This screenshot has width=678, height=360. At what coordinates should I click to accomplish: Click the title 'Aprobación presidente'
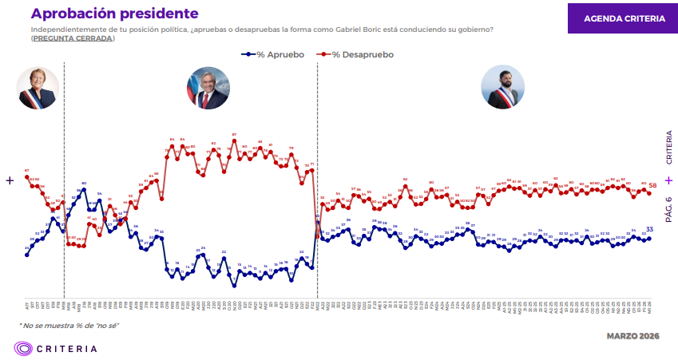(115, 14)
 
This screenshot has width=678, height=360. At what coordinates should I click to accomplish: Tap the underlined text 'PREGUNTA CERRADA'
(73, 39)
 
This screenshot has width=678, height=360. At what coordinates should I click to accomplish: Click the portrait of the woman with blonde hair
(38, 88)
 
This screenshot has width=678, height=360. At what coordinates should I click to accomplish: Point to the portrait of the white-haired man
(208, 88)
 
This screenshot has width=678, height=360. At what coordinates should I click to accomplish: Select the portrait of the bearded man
(502, 88)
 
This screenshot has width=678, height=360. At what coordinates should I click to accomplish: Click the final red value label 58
(652, 185)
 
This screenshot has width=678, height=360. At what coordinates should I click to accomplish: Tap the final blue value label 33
(650, 230)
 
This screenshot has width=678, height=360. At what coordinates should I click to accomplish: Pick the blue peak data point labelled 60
(84, 189)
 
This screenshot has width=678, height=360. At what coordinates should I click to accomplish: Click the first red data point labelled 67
(27, 175)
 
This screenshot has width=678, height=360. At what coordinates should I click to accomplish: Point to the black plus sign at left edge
(10, 180)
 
